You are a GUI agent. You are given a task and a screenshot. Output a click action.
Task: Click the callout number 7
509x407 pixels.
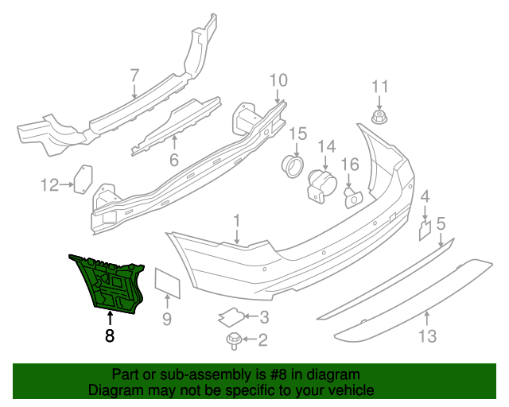point(134,75)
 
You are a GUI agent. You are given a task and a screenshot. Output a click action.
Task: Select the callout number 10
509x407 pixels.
point(278,79)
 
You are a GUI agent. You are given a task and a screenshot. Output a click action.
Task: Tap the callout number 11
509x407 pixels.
point(380,87)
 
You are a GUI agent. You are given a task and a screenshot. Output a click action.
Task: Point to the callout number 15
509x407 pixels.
point(297,133)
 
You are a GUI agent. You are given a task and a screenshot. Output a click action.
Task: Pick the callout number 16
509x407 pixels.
point(351,165)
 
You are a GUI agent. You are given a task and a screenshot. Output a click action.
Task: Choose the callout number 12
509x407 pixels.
point(50,185)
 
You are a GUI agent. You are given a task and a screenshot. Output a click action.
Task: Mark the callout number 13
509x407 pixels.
point(427,336)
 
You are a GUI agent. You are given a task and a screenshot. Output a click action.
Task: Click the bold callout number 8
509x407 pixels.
point(109,335)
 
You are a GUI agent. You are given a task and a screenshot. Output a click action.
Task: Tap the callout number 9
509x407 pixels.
point(167,320)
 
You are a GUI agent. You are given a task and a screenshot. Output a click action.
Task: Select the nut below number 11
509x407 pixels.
point(380,118)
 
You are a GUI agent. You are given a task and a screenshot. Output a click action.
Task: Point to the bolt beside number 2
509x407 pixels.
point(235,340)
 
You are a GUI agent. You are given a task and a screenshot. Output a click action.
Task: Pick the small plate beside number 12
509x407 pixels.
point(82,179)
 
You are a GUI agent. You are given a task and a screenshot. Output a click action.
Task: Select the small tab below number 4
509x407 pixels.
point(425,230)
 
